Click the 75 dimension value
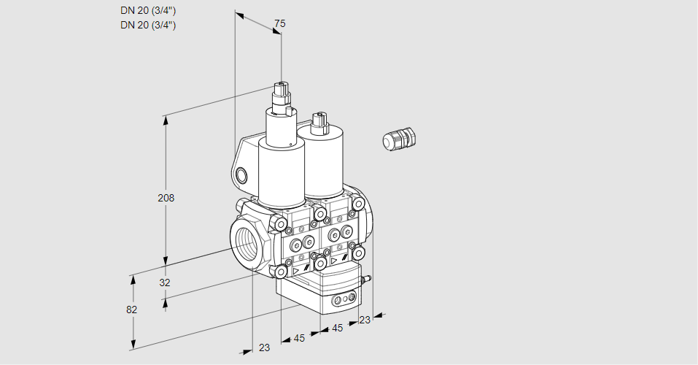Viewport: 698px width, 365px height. click(279, 24)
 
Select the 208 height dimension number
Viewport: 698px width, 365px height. click(166, 198)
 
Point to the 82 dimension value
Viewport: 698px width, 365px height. click(131, 310)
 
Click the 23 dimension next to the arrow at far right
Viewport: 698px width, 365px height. click(365, 320)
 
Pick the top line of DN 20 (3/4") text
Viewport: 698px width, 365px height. click(148, 10)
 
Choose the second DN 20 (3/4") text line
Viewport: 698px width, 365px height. click(148, 25)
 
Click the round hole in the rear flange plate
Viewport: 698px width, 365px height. click(241, 175)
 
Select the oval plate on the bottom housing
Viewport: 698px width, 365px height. click(344, 299)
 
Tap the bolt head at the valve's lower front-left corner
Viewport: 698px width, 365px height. click(281, 272)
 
